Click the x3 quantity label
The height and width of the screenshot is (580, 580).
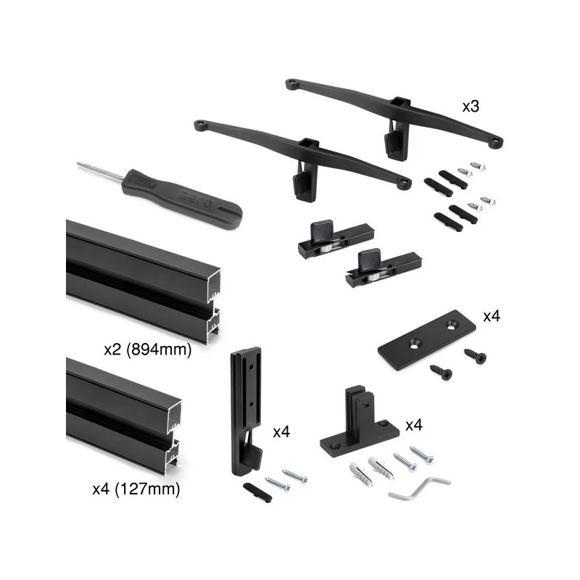(x=471, y=107)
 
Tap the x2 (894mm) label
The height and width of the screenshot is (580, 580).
(x=148, y=349)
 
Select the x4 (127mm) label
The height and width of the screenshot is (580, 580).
(x=136, y=489)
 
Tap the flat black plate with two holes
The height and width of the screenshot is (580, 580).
(x=426, y=339)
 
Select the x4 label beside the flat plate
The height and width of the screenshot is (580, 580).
(x=492, y=316)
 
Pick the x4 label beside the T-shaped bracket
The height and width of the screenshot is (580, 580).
(x=414, y=426)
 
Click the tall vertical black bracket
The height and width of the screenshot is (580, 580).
(x=246, y=410)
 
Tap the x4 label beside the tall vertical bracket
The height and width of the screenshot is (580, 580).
(x=281, y=432)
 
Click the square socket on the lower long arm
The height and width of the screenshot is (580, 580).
(x=310, y=144)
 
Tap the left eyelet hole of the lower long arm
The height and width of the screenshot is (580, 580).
(x=201, y=124)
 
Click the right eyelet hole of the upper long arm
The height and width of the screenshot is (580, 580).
(x=496, y=141)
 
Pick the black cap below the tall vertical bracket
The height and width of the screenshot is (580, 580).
(x=257, y=492)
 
